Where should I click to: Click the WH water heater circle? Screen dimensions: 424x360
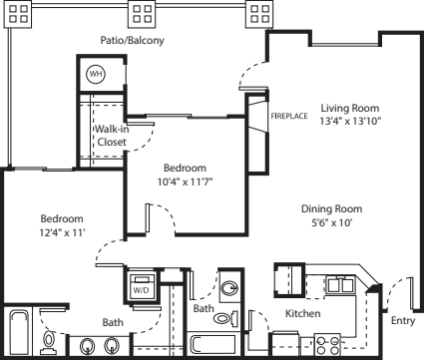96,75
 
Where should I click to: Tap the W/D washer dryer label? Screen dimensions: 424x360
141,290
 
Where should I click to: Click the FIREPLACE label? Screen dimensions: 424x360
289,116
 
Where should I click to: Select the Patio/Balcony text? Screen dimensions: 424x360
133,41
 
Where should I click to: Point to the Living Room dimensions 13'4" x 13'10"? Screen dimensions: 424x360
350,121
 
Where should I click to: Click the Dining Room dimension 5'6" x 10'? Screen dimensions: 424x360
332,222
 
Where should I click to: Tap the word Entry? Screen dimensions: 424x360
403,321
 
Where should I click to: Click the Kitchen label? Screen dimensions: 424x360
303,313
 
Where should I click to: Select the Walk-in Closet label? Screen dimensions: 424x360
112,136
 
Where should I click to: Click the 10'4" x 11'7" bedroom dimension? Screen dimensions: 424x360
185,181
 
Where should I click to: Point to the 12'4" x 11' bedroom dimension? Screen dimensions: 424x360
63,232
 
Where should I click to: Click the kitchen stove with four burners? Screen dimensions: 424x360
327,345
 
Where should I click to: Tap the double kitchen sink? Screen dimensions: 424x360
340,285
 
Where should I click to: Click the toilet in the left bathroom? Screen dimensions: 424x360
49,341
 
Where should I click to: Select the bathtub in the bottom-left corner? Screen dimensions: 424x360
18,333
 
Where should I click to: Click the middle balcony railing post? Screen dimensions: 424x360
143,14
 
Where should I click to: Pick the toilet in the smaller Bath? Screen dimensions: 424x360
225,318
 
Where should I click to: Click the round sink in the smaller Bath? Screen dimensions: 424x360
229,287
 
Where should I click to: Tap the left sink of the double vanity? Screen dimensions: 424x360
87,347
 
